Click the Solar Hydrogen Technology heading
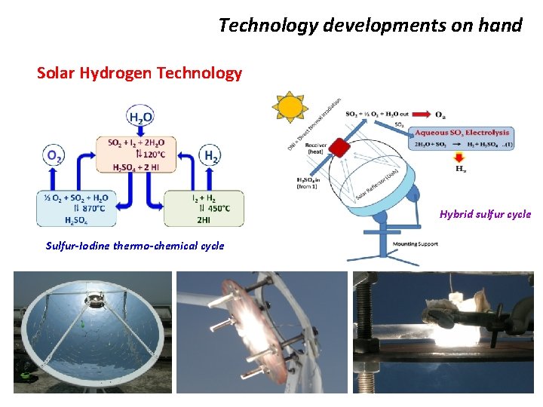[140, 73]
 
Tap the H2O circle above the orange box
[141, 118]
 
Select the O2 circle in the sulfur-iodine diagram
[55, 156]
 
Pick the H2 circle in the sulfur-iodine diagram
[211, 156]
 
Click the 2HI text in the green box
[204, 219]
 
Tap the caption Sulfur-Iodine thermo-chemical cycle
[135, 246]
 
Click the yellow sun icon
[290, 107]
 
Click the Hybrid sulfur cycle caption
[485, 214]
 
